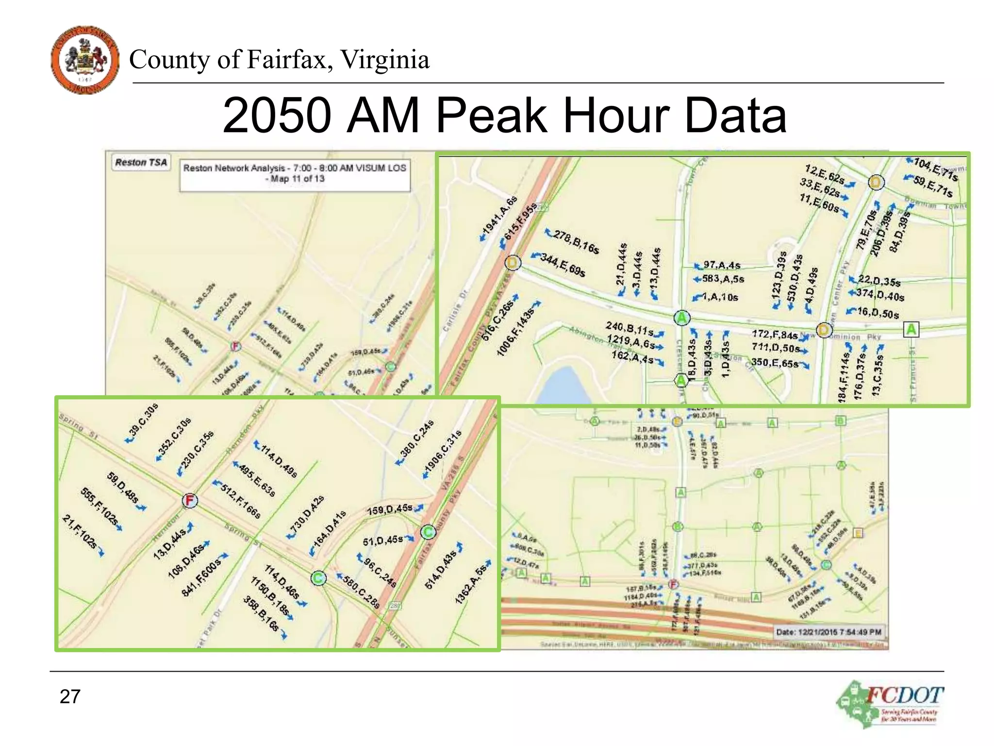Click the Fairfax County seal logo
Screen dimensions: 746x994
point(85,60)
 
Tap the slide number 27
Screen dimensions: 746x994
point(70,696)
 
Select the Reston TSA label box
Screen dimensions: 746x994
point(141,162)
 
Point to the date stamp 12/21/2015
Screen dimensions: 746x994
point(828,632)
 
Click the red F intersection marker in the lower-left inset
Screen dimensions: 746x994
point(190,500)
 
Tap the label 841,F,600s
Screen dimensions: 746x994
point(200,577)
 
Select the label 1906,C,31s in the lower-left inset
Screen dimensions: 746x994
point(443,451)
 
